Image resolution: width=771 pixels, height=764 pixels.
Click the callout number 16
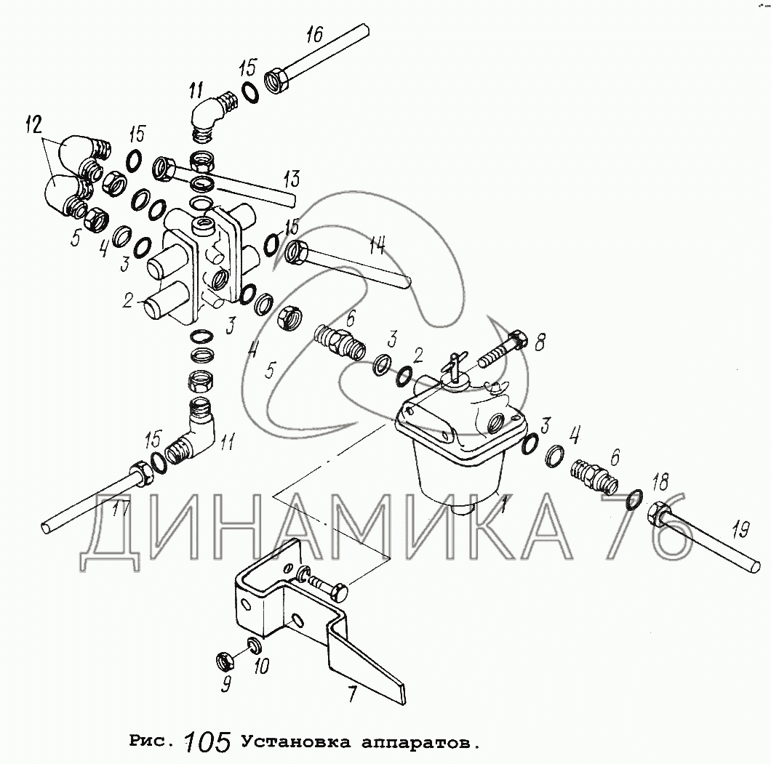click(x=315, y=34)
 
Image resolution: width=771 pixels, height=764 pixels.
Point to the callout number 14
click(x=377, y=244)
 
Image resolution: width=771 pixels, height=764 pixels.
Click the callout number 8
click(x=540, y=342)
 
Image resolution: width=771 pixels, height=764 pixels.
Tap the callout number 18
click(x=660, y=483)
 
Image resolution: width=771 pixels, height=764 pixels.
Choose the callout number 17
click(x=121, y=507)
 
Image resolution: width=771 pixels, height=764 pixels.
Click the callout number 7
click(x=352, y=695)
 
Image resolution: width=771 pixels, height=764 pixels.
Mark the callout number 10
click(x=261, y=666)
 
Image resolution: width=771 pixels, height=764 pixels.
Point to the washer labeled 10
click(x=254, y=646)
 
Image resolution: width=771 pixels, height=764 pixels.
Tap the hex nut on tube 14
click(x=297, y=254)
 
